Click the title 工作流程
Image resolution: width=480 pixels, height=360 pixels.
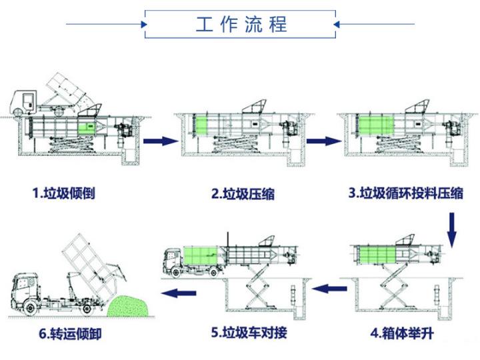241,25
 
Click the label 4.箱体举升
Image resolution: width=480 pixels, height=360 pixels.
402,331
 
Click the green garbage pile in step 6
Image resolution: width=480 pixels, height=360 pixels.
130,306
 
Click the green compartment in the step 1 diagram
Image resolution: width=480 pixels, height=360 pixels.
87,127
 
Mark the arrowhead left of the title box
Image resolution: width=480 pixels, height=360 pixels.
143,25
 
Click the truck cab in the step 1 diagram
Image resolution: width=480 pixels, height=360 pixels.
25,101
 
